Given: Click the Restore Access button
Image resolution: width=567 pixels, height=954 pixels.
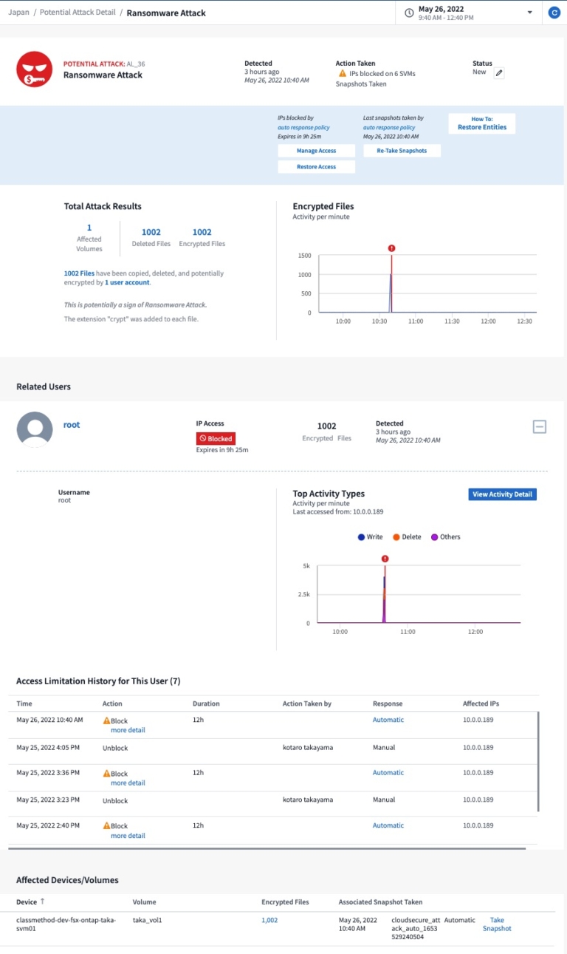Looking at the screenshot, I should [316, 167].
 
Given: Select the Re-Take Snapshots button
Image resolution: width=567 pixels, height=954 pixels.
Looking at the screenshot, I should [402, 151].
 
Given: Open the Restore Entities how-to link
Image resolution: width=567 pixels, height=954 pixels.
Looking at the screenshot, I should [481, 127].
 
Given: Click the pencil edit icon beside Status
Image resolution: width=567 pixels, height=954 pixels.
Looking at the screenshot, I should [499, 73].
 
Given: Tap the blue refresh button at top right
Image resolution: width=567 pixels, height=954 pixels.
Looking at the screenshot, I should [554, 13].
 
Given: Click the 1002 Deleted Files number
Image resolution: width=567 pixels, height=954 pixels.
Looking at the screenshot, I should [151, 232].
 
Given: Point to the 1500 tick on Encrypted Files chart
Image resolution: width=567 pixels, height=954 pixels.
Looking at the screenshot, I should [304, 256].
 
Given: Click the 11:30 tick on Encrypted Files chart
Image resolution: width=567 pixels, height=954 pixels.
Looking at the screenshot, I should [452, 321].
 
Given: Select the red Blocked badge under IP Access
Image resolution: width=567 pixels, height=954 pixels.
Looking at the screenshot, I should [216, 438].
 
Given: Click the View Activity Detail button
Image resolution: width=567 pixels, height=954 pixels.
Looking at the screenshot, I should [502, 494].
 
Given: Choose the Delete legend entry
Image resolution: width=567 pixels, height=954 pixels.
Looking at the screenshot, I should [407, 537].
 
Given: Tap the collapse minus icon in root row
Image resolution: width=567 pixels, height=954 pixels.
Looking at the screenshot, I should [540, 426].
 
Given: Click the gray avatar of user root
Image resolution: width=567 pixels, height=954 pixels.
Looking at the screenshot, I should [35, 429].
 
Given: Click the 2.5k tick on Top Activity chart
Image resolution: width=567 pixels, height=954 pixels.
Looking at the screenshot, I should [302, 594].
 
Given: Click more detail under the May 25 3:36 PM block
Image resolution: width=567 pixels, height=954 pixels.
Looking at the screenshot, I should [128, 783].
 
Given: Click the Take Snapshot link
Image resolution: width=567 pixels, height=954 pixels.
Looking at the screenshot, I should [497, 924].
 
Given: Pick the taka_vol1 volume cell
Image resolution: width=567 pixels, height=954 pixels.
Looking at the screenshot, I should [147, 920].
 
